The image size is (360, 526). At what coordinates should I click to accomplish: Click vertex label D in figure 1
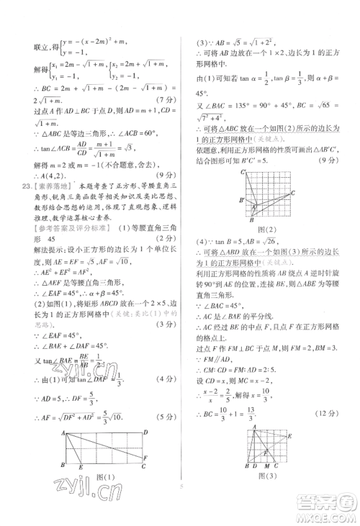pyautogui.click(x=146, y=432)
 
